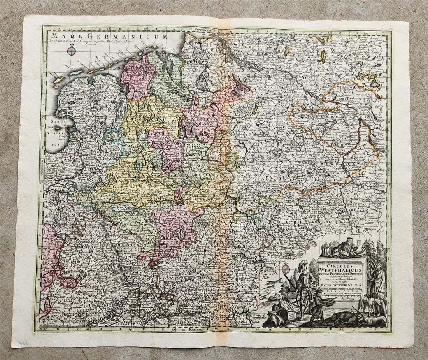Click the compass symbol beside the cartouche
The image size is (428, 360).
coord(286,267)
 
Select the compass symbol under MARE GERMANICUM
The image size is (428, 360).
coord(71,50)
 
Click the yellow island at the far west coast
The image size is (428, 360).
coord(58,79)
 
